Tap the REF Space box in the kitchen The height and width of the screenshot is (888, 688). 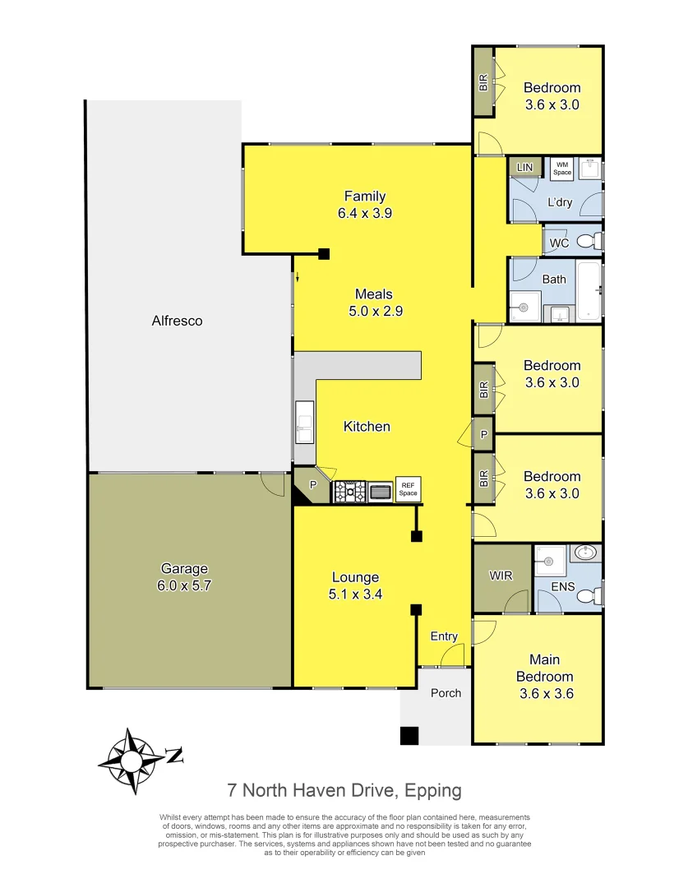(x=408, y=490)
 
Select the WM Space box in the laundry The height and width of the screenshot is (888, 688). (x=561, y=169)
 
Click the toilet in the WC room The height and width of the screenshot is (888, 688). (x=586, y=242)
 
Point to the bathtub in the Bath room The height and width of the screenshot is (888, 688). (x=589, y=290)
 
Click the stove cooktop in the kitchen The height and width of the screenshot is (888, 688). (x=349, y=492)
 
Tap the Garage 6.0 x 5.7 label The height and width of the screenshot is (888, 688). (x=184, y=577)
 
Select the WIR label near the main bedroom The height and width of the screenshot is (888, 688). (x=501, y=576)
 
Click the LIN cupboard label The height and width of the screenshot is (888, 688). (x=524, y=168)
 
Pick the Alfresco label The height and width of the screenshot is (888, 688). (x=177, y=321)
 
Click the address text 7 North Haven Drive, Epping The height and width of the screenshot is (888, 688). (x=344, y=791)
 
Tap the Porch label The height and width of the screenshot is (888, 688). (x=446, y=693)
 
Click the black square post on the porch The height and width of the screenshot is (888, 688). (x=409, y=736)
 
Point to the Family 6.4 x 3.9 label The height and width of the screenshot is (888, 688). (x=365, y=204)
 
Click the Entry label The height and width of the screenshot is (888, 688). (x=444, y=636)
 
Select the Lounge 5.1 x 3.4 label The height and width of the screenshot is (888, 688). (x=355, y=585)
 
